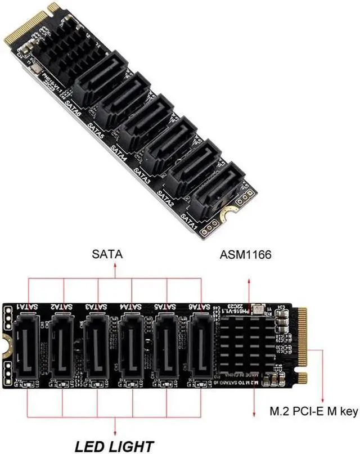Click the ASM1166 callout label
point(246,255)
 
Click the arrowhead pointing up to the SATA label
point(116,268)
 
